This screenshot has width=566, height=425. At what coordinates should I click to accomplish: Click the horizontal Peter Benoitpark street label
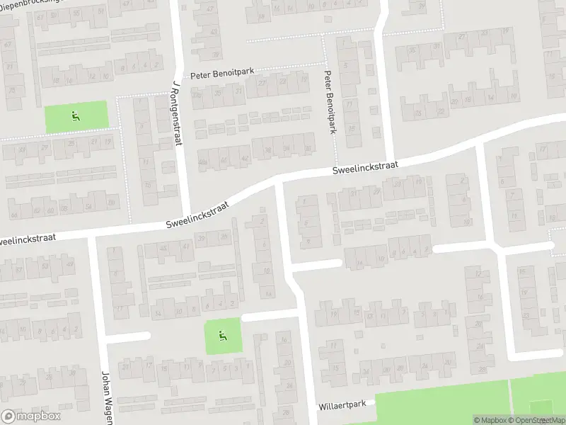222,74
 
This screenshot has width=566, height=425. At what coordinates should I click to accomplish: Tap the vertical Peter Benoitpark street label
329,101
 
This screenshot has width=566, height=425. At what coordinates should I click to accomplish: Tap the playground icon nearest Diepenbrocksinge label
75,115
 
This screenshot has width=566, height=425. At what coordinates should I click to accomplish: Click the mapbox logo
31,416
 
